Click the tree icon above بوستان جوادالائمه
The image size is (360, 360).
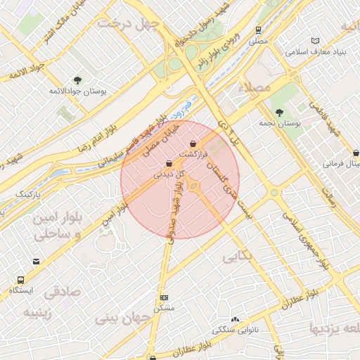pyautogui.click(x=77, y=80)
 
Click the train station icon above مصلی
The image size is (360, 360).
pyautogui.click(x=259, y=30)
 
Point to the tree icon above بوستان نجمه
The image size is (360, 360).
pyautogui.click(x=279, y=112)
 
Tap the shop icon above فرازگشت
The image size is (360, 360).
pyautogui.click(x=193, y=143)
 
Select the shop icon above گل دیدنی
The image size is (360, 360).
pyautogui.click(x=169, y=164)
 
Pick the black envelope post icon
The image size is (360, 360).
pyautogui.click(x=36, y=262)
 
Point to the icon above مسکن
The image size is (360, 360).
pyautogui.click(x=164, y=297)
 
